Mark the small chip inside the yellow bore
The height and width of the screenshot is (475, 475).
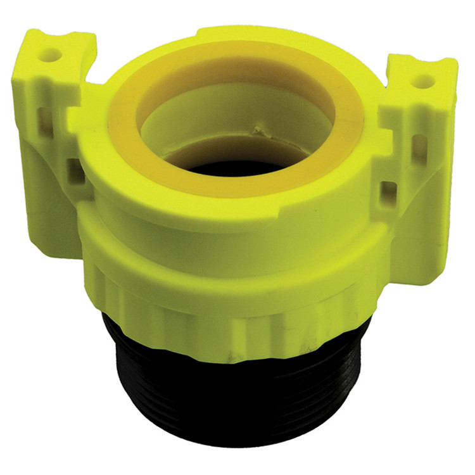258,132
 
